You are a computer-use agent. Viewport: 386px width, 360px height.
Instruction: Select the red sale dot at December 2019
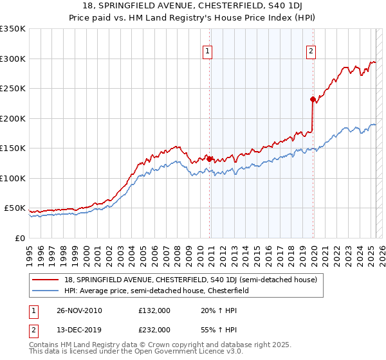click(312, 99)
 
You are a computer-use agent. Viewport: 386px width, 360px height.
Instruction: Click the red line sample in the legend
click(45, 280)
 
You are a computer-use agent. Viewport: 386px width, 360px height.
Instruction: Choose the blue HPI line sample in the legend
click(45, 291)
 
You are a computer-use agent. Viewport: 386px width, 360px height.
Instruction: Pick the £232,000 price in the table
click(154, 329)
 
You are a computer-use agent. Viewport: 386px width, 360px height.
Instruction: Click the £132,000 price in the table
click(154, 310)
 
